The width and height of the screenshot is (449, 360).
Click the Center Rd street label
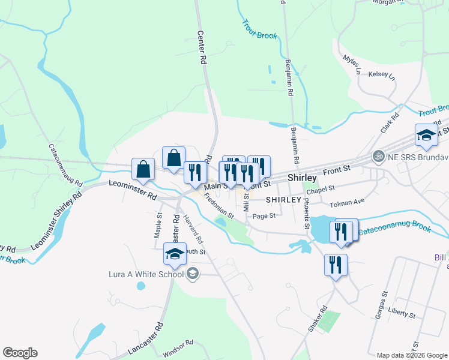tap(203, 49)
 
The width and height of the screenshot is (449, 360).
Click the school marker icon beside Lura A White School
tap(192, 274)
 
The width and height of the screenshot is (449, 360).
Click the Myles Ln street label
tap(352, 65)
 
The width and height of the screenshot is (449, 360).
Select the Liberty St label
tap(402, 313)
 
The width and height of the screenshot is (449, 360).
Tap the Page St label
tap(264, 215)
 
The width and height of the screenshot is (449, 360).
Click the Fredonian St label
tap(217, 206)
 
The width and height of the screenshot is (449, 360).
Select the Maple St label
tap(158, 225)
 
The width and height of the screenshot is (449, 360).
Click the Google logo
tap(20, 353)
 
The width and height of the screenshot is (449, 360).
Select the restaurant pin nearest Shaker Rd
tap(335, 265)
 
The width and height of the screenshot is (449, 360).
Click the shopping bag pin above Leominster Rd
tap(143, 170)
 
